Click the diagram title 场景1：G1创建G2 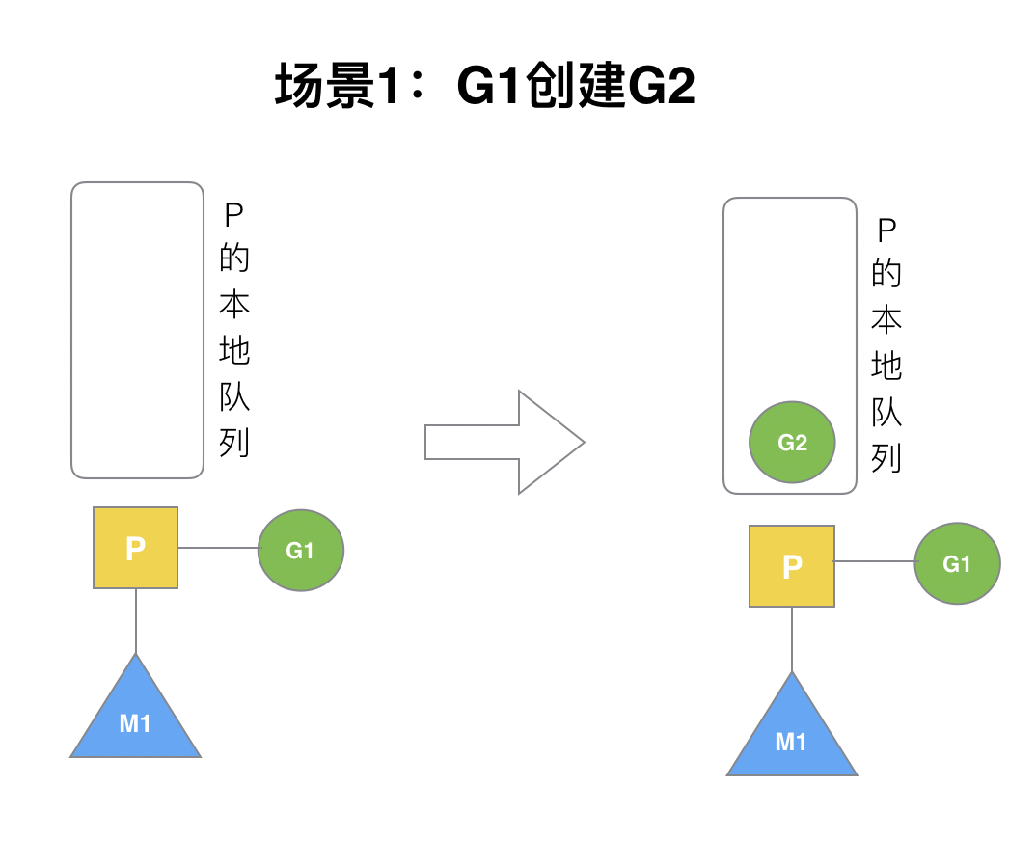click(x=485, y=89)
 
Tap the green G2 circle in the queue click(x=792, y=443)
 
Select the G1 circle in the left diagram click(x=301, y=550)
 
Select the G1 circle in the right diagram click(x=957, y=564)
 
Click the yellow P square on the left click(x=136, y=548)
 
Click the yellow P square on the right click(x=792, y=566)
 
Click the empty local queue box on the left click(x=137, y=330)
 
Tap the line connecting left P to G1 click(x=218, y=548)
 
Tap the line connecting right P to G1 click(x=874, y=561)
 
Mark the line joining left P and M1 click(x=136, y=621)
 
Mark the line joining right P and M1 click(x=792, y=639)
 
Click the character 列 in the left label click(x=234, y=443)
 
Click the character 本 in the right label click(x=886, y=319)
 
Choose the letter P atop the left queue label click(x=234, y=213)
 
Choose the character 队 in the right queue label click(x=886, y=412)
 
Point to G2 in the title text click(x=662, y=89)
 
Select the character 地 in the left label click(x=234, y=350)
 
